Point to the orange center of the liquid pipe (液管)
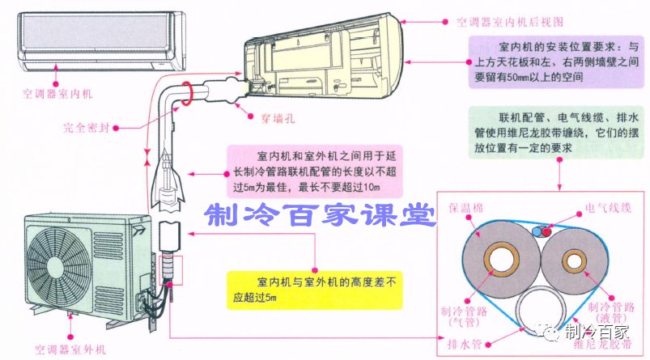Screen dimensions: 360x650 tap(576, 261)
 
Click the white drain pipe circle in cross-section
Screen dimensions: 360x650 tap(545, 312)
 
